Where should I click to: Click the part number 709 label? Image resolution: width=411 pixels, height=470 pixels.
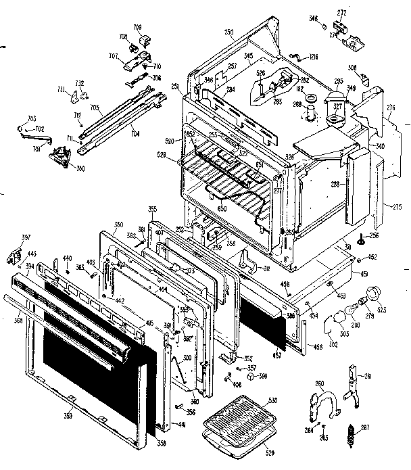tap(138, 28)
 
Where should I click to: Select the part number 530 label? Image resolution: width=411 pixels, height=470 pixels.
tap(272, 401)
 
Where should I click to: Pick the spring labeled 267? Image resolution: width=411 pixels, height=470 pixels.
tap(352, 433)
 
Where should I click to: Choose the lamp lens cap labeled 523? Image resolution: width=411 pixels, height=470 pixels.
tap(371, 295)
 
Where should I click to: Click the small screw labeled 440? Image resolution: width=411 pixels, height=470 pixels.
tap(68, 271)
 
